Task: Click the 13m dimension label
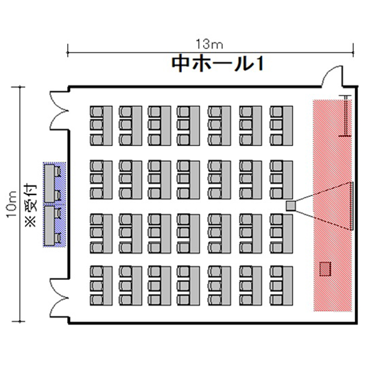pyautogui.click(x=209, y=44)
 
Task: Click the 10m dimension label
pyautogui.click(x=12, y=205)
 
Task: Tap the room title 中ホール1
pyautogui.click(x=218, y=64)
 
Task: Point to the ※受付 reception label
pyautogui.click(x=31, y=206)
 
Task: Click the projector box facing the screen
pyautogui.click(x=291, y=206)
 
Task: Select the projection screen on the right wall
pyautogui.click(x=352, y=206)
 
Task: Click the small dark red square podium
pyautogui.click(x=325, y=269)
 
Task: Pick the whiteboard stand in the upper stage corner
pyautogui.click(x=345, y=116)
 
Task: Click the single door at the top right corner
pyautogui.click(x=332, y=76)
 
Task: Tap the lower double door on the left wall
pyautogui.click(x=59, y=298)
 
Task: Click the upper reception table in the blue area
pyautogui.click(x=49, y=184)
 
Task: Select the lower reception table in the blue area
pyautogui.click(x=49, y=226)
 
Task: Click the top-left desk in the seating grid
pyautogui.click(x=108, y=125)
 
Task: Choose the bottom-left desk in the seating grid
pyautogui.click(x=108, y=286)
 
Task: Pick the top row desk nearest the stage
pyautogui.click(x=288, y=125)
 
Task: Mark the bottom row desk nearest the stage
pyautogui.click(x=288, y=286)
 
